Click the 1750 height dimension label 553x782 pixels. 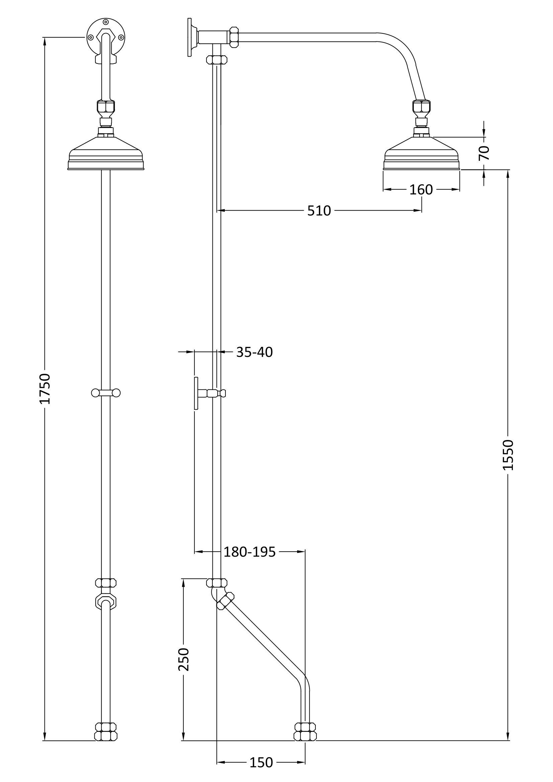coord(45,388)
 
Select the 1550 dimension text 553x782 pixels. coord(508,455)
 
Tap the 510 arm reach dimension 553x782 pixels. coord(319,211)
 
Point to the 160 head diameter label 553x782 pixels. coord(421,190)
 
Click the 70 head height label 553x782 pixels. coord(484,153)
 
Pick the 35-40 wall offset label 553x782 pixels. coord(254,352)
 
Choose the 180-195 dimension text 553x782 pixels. coord(250,552)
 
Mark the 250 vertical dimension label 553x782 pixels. coord(184,659)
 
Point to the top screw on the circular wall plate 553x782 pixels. coord(106,22)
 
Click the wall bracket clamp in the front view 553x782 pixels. coord(106,393)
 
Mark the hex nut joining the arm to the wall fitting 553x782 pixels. coord(234,37)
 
